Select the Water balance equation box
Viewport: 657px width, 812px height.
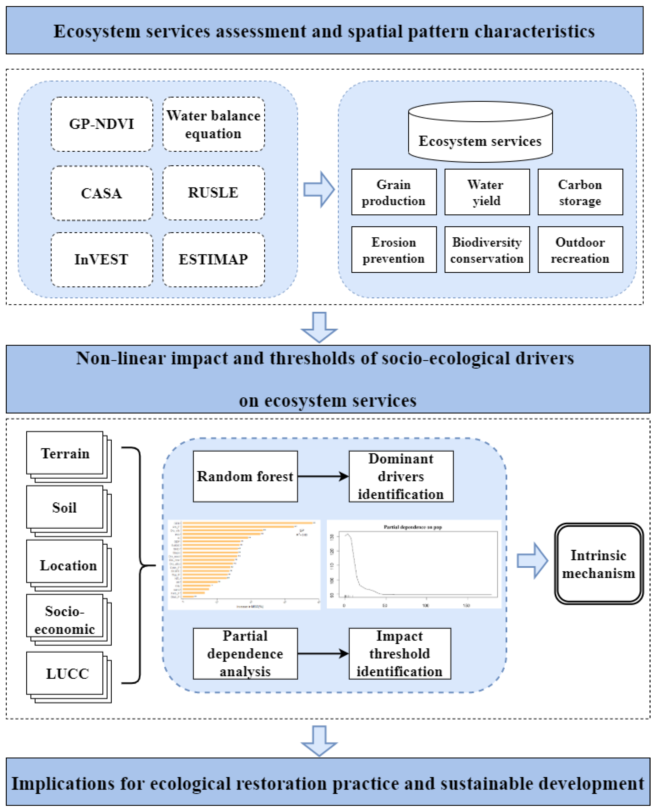tap(213, 124)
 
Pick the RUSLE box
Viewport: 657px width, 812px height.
tap(213, 193)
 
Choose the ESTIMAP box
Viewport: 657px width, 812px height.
tap(213, 260)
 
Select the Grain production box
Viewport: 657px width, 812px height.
tap(393, 192)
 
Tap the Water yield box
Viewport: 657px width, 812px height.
tap(487, 192)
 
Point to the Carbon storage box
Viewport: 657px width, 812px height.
tap(580, 192)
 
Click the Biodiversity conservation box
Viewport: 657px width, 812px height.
tap(487, 250)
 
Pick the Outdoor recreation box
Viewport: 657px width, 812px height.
tap(580, 250)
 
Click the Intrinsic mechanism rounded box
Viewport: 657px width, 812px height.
tap(599, 564)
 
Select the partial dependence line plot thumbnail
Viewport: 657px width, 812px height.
tap(414, 564)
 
